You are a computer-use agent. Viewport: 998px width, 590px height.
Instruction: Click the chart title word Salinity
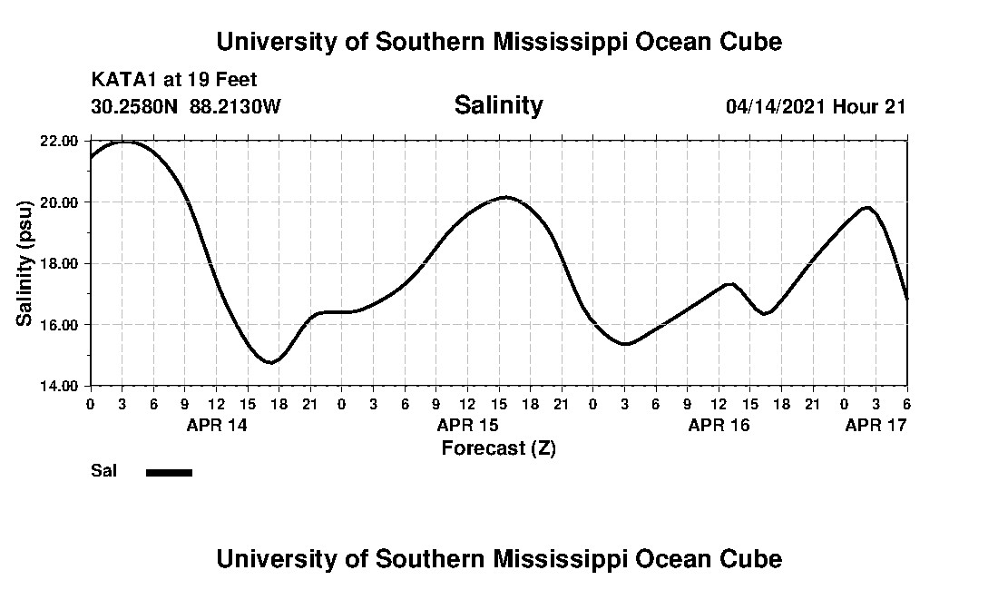[x=498, y=105]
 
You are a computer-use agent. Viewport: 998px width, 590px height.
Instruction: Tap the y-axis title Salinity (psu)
[x=25, y=263]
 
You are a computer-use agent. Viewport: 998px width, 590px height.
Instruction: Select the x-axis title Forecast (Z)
[x=498, y=447]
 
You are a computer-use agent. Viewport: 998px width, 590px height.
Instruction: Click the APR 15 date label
[x=468, y=425]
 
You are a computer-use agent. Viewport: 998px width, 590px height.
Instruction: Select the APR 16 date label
[x=719, y=425]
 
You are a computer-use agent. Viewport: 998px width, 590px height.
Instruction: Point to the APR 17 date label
[x=876, y=425]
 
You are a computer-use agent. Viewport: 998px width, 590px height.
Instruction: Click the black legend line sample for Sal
[x=169, y=472]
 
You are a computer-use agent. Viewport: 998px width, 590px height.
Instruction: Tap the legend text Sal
[x=102, y=471]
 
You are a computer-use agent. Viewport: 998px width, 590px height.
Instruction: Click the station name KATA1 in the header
[x=124, y=80]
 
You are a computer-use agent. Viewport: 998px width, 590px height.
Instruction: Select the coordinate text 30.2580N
[x=135, y=106]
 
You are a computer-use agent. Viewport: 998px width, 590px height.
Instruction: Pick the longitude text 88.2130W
[x=236, y=106]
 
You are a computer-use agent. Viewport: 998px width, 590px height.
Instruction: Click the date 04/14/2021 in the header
[x=776, y=106]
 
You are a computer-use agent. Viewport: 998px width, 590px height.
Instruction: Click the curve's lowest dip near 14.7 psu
[x=269, y=362]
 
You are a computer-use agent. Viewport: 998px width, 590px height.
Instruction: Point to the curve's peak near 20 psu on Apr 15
[x=505, y=197]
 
